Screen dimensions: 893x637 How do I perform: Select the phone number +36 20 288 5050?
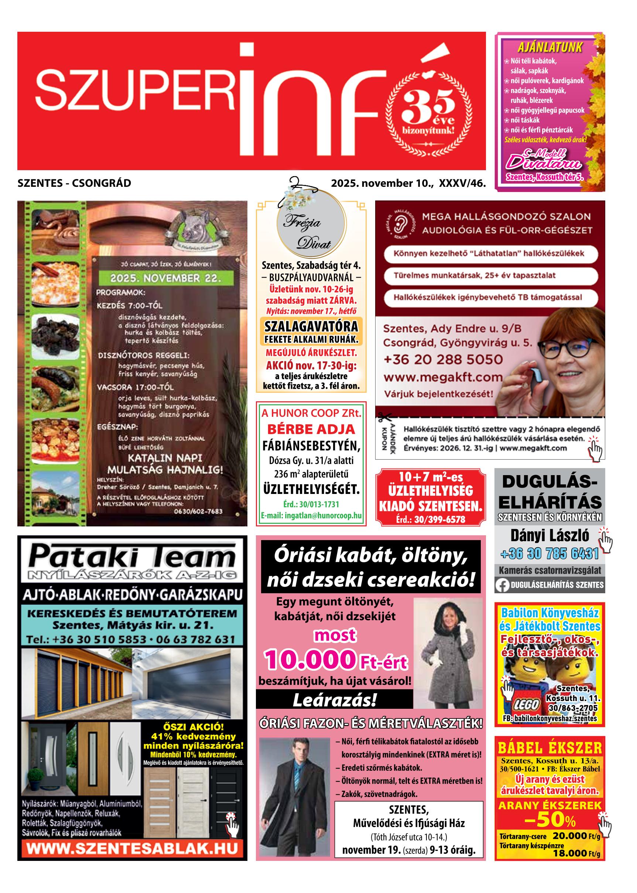coord(442,360)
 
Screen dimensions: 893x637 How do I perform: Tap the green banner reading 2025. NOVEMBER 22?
coord(165,279)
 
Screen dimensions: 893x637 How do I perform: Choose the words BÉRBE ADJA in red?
coord(311,429)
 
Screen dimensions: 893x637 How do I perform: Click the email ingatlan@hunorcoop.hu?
coord(311,515)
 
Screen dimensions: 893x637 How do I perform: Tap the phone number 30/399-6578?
coord(430,519)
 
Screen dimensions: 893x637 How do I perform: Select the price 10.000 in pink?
coord(309,660)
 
